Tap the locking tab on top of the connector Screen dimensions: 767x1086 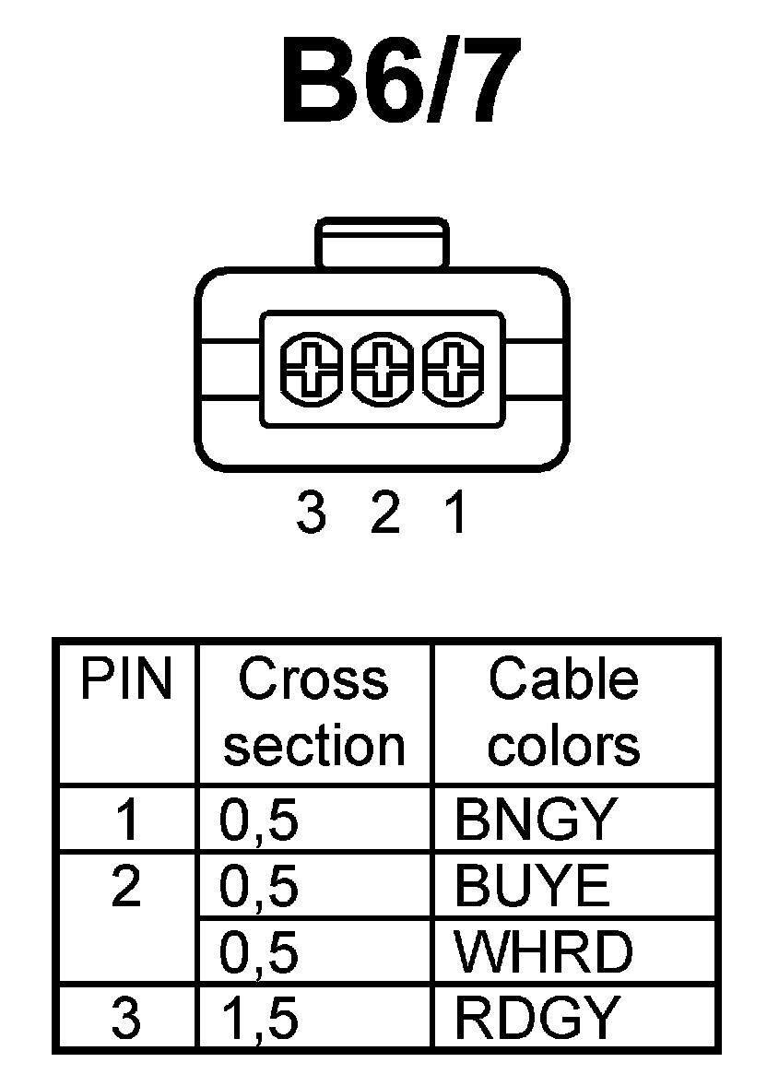point(382,244)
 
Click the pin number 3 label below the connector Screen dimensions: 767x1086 point(312,513)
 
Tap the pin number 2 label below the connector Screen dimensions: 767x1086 point(384,513)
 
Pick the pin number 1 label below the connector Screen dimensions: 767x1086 point(454,513)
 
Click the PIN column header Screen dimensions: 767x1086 point(126,680)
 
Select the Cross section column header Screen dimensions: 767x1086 point(314,712)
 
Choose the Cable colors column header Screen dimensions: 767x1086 point(562,712)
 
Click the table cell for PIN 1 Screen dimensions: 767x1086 point(126,820)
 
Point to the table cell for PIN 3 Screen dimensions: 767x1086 point(126,1018)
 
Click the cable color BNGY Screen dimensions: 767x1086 point(535,820)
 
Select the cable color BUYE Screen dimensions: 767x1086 point(532,887)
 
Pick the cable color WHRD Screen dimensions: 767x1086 point(544,952)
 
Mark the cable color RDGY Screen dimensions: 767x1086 point(535,1018)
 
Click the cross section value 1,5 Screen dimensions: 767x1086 point(259,1020)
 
